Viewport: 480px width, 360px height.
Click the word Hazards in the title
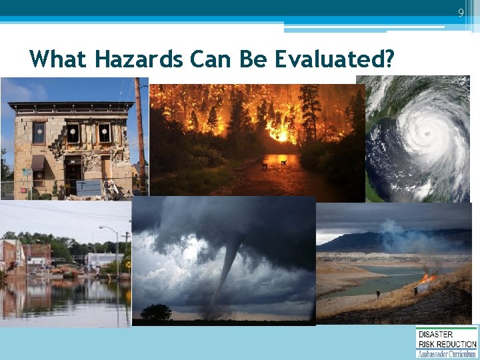point(138,60)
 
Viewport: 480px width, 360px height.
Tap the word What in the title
point(59,60)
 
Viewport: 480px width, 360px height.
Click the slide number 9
point(460,13)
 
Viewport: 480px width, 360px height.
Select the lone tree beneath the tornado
point(157,312)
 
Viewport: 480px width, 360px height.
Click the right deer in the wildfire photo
point(284,161)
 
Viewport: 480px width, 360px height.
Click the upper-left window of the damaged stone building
point(39,132)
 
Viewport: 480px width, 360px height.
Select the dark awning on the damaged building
point(38,163)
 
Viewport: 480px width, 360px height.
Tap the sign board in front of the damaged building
point(89,187)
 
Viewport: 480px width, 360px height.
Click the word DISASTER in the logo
point(435,334)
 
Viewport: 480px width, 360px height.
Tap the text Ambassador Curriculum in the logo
point(447,353)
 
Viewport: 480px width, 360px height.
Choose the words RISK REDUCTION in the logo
point(447,344)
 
